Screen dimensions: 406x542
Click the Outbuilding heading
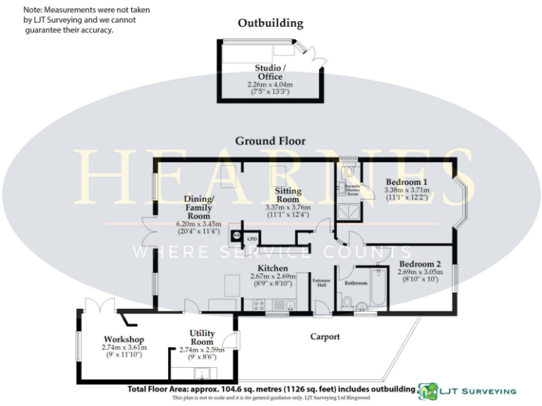point(270,23)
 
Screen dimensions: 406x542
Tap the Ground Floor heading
point(270,141)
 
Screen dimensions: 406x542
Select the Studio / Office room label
point(270,72)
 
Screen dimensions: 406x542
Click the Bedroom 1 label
point(405,181)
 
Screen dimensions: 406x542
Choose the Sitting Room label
point(288,195)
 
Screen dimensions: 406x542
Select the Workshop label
point(124,339)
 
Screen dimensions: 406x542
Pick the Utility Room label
point(202,338)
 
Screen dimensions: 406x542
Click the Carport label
point(325,337)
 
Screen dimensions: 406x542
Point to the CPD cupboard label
point(252,240)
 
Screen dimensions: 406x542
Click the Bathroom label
point(356,283)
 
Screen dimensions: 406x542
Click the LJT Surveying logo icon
point(427,391)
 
